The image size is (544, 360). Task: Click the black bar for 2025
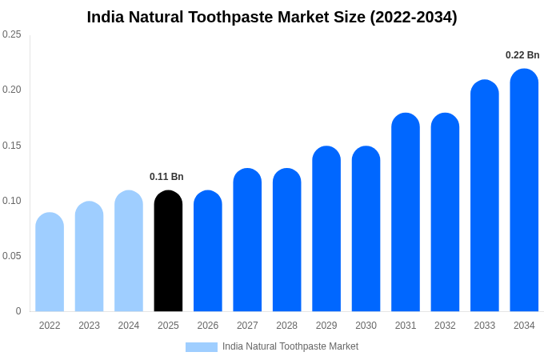tap(168, 252)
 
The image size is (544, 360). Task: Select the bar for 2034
tap(524, 192)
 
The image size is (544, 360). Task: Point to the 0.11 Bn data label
tap(166, 177)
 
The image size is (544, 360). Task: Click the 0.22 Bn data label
tap(522, 55)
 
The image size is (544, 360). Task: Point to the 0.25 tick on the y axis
tap(12, 34)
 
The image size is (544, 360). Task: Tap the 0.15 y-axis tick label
tap(12, 146)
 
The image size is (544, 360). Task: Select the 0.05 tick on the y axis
tap(12, 256)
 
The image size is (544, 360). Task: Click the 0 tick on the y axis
tap(18, 311)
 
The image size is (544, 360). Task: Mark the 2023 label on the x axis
tap(89, 326)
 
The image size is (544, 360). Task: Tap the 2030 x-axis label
tap(366, 326)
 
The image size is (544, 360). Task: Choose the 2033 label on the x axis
tap(484, 326)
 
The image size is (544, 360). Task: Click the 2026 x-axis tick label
tap(208, 326)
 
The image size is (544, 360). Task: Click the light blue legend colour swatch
tap(202, 347)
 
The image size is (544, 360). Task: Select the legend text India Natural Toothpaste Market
tap(290, 346)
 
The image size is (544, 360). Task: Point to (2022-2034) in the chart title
tap(414, 18)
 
